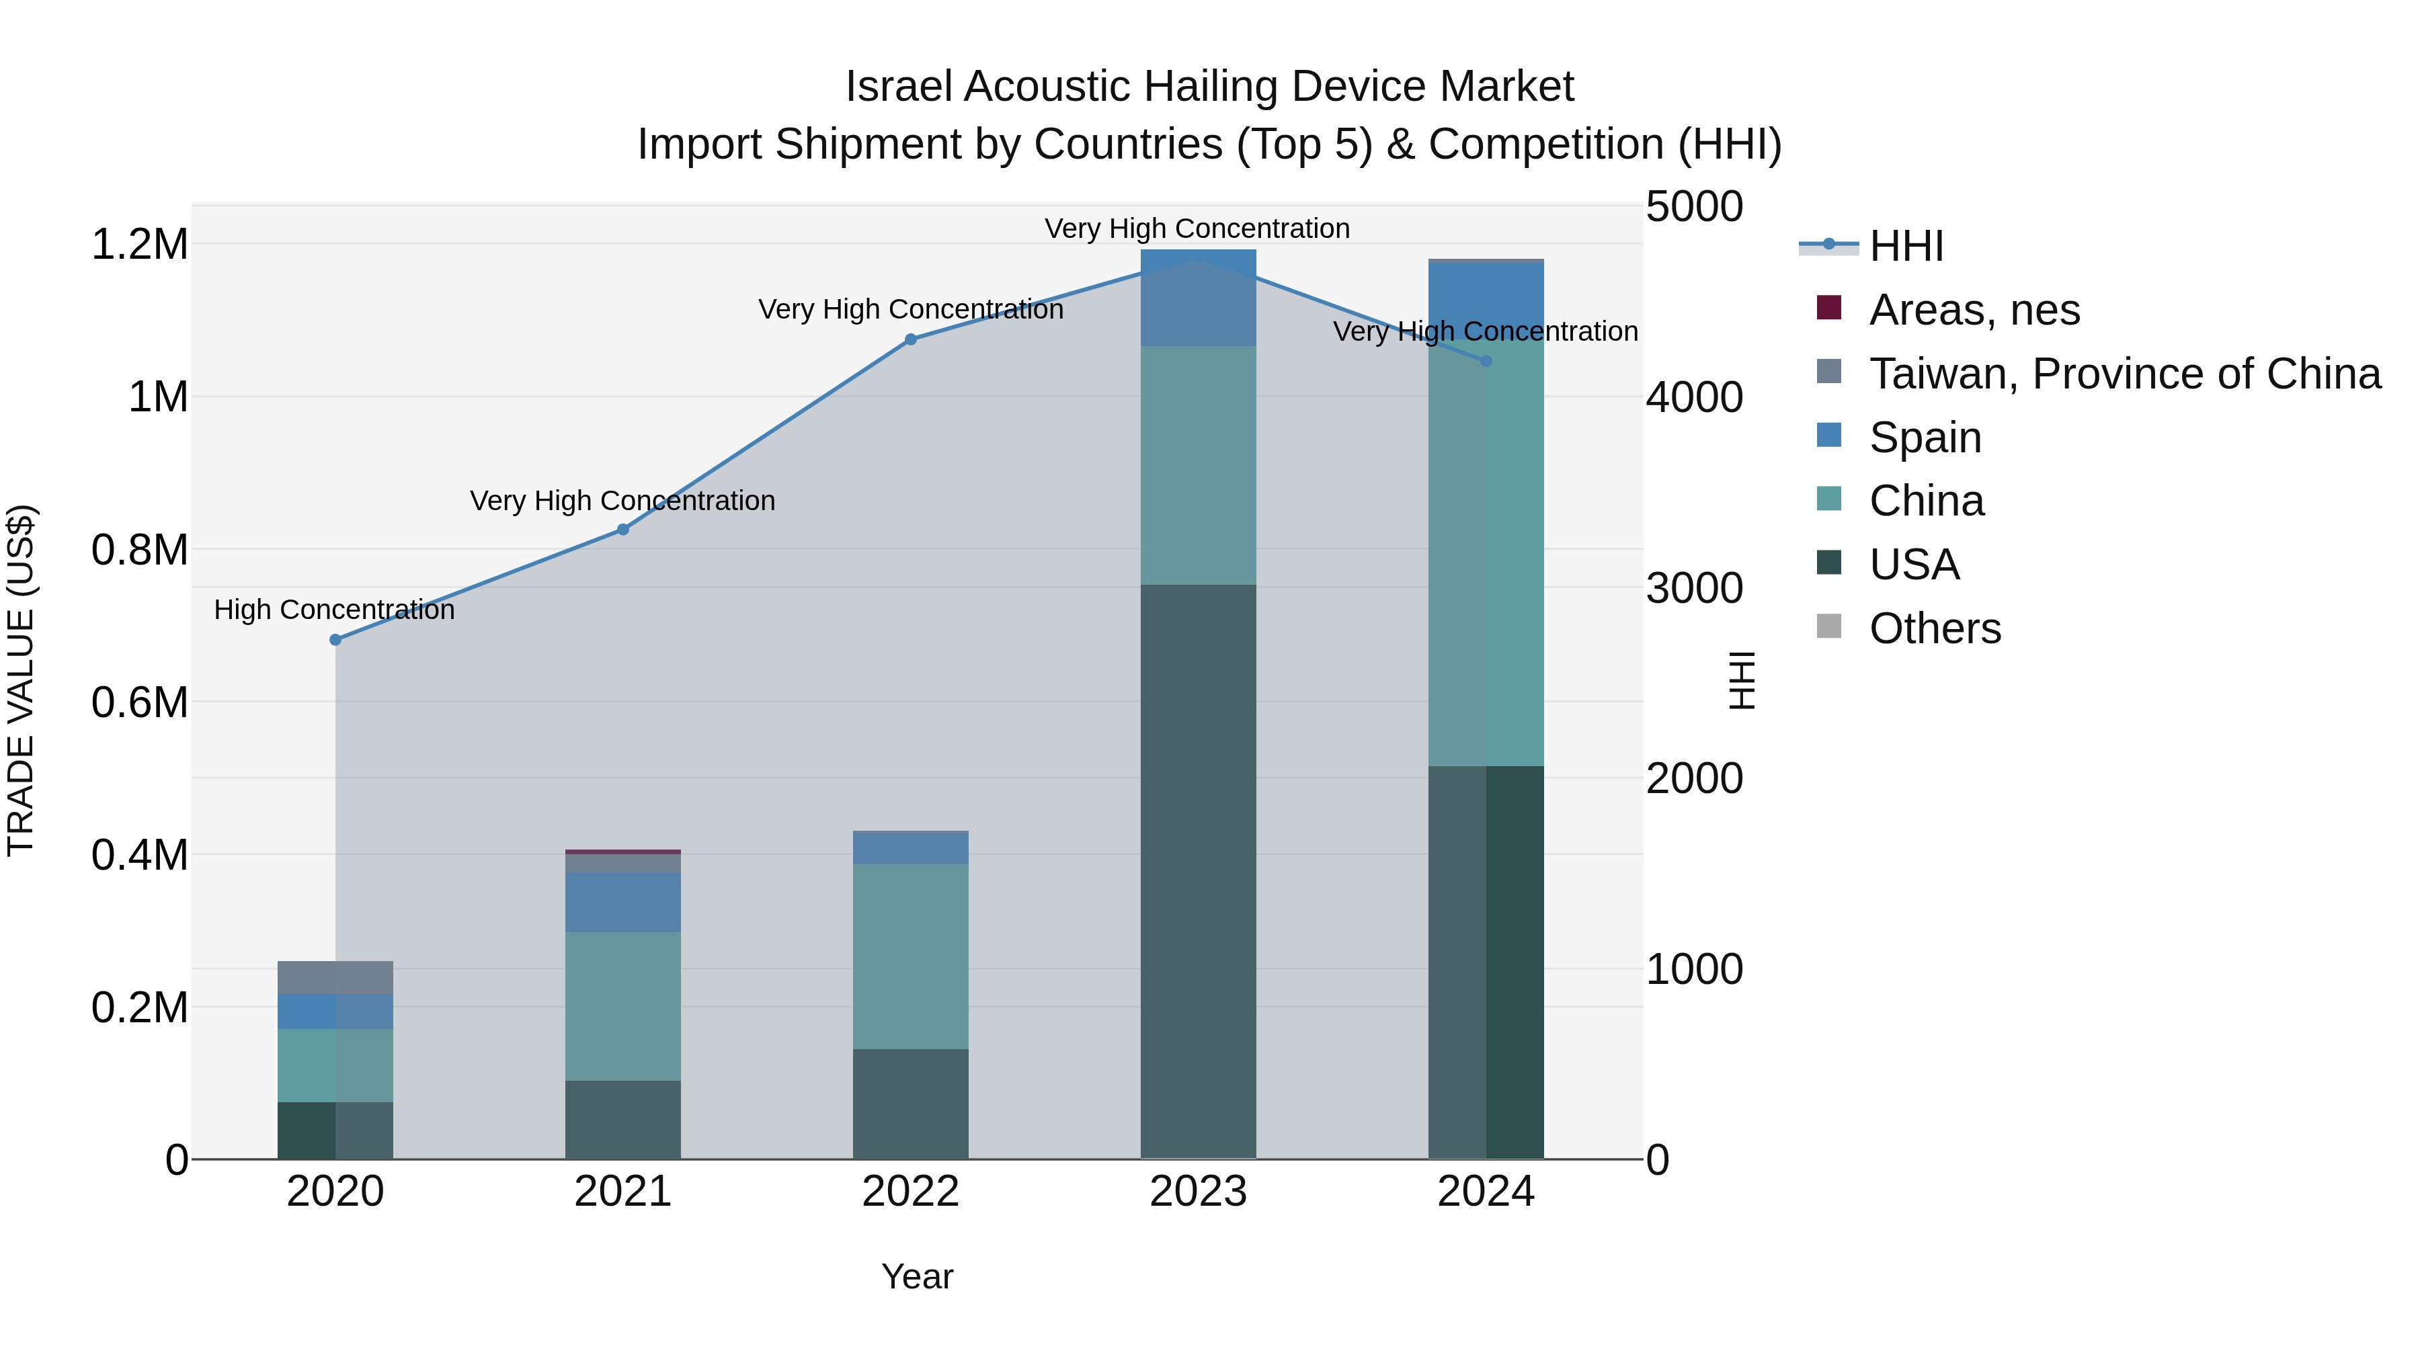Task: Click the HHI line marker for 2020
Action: click(335, 640)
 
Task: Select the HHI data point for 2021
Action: click(623, 530)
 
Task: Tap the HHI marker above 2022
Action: click(910, 339)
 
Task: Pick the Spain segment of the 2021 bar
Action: click(623, 902)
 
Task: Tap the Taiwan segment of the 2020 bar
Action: click(335, 977)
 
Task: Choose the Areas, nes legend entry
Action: click(1973, 310)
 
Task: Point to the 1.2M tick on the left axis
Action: click(139, 244)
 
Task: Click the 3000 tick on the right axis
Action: click(1694, 588)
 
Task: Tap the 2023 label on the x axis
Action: click(1198, 1192)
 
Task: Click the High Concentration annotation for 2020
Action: click(335, 610)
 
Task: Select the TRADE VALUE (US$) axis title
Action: click(21, 680)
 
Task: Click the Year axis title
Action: click(917, 1276)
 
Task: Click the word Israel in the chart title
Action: click(898, 87)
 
